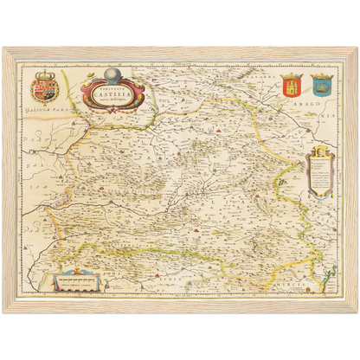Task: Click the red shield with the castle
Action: (290, 85)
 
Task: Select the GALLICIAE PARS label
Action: (47, 111)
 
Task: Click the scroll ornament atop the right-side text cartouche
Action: (318, 151)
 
